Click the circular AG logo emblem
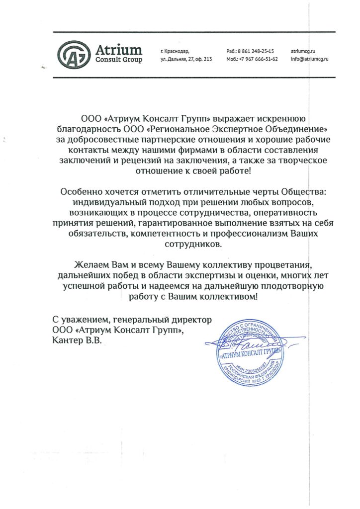(x=72, y=54)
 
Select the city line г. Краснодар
(x=175, y=51)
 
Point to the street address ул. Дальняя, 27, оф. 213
(x=186, y=59)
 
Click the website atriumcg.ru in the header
(x=303, y=51)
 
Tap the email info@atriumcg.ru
(x=310, y=59)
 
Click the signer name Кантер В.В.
(x=80, y=339)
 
